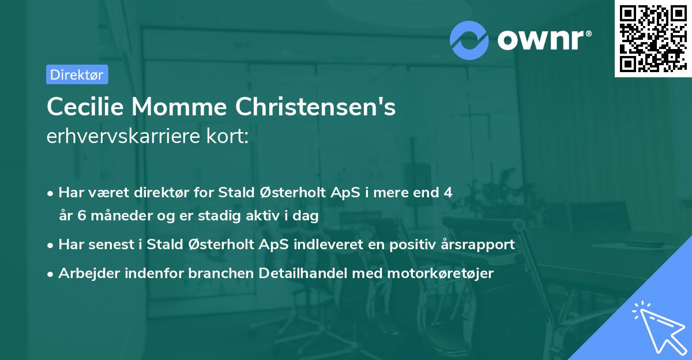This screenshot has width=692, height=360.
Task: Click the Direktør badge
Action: pos(77,74)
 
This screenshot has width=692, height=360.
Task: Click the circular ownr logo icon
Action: pos(469,39)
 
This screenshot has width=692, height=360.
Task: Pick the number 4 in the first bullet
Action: pos(447,192)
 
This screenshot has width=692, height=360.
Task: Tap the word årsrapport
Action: pos(477,244)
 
